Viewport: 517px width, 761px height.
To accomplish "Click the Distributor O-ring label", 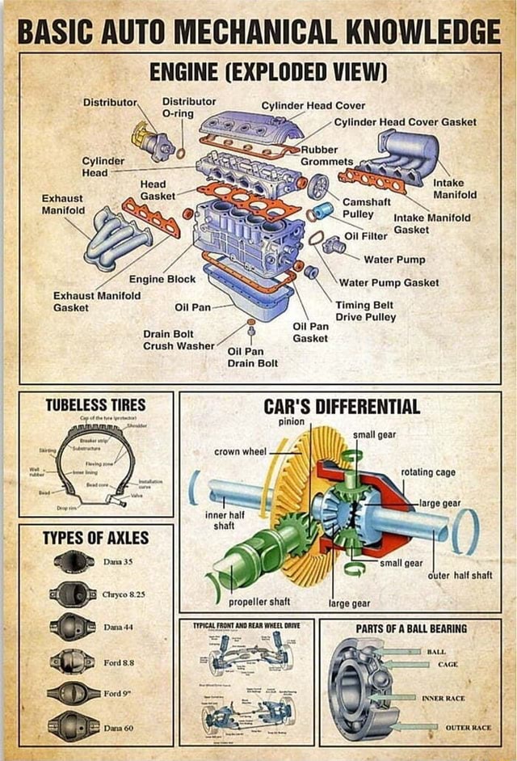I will point(189,108).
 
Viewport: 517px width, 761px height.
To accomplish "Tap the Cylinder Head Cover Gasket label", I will point(405,122).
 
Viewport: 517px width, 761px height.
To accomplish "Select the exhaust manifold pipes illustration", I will point(118,236).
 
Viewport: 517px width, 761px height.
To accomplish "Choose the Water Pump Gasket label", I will point(389,282).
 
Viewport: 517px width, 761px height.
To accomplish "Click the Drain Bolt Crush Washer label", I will point(179,340).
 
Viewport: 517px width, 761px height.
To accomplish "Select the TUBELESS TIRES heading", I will point(95,404).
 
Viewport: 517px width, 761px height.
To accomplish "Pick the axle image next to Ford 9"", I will point(73,693).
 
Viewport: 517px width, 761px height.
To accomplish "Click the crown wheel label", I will point(240,451).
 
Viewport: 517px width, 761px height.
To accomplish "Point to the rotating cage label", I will point(427,472).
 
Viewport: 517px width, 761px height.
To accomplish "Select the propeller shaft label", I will point(260,602).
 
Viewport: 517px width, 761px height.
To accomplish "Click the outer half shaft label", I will point(460,575).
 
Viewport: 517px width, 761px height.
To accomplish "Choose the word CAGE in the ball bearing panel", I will point(448,664).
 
